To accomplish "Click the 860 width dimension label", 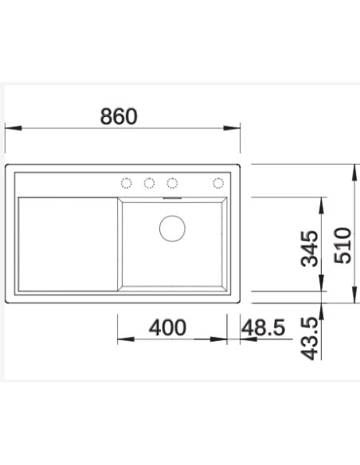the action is pyautogui.click(x=119, y=116).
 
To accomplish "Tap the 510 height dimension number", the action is pyautogui.click(x=342, y=245).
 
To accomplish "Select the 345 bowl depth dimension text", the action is pyautogui.click(x=310, y=248).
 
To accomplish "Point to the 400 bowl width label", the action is pyautogui.click(x=167, y=327).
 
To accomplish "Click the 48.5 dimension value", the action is pyautogui.click(x=263, y=327).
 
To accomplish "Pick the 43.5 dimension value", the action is pyautogui.click(x=309, y=338).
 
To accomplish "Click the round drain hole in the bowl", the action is pyautogui.click(x=172, y=229).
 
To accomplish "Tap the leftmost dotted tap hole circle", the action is pyautogui.click(x=127, y=183).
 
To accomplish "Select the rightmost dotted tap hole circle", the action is pyautogui.click(x=218, y=183).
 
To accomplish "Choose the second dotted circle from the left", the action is pyautogui.click(x=149, y=183).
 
